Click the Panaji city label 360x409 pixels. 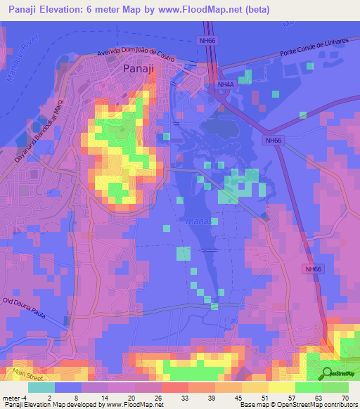click(139, 70)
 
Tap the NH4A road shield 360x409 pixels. click(225, 85)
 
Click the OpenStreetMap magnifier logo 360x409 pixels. click(326, 374)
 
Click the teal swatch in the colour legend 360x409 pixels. click(41, 387)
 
